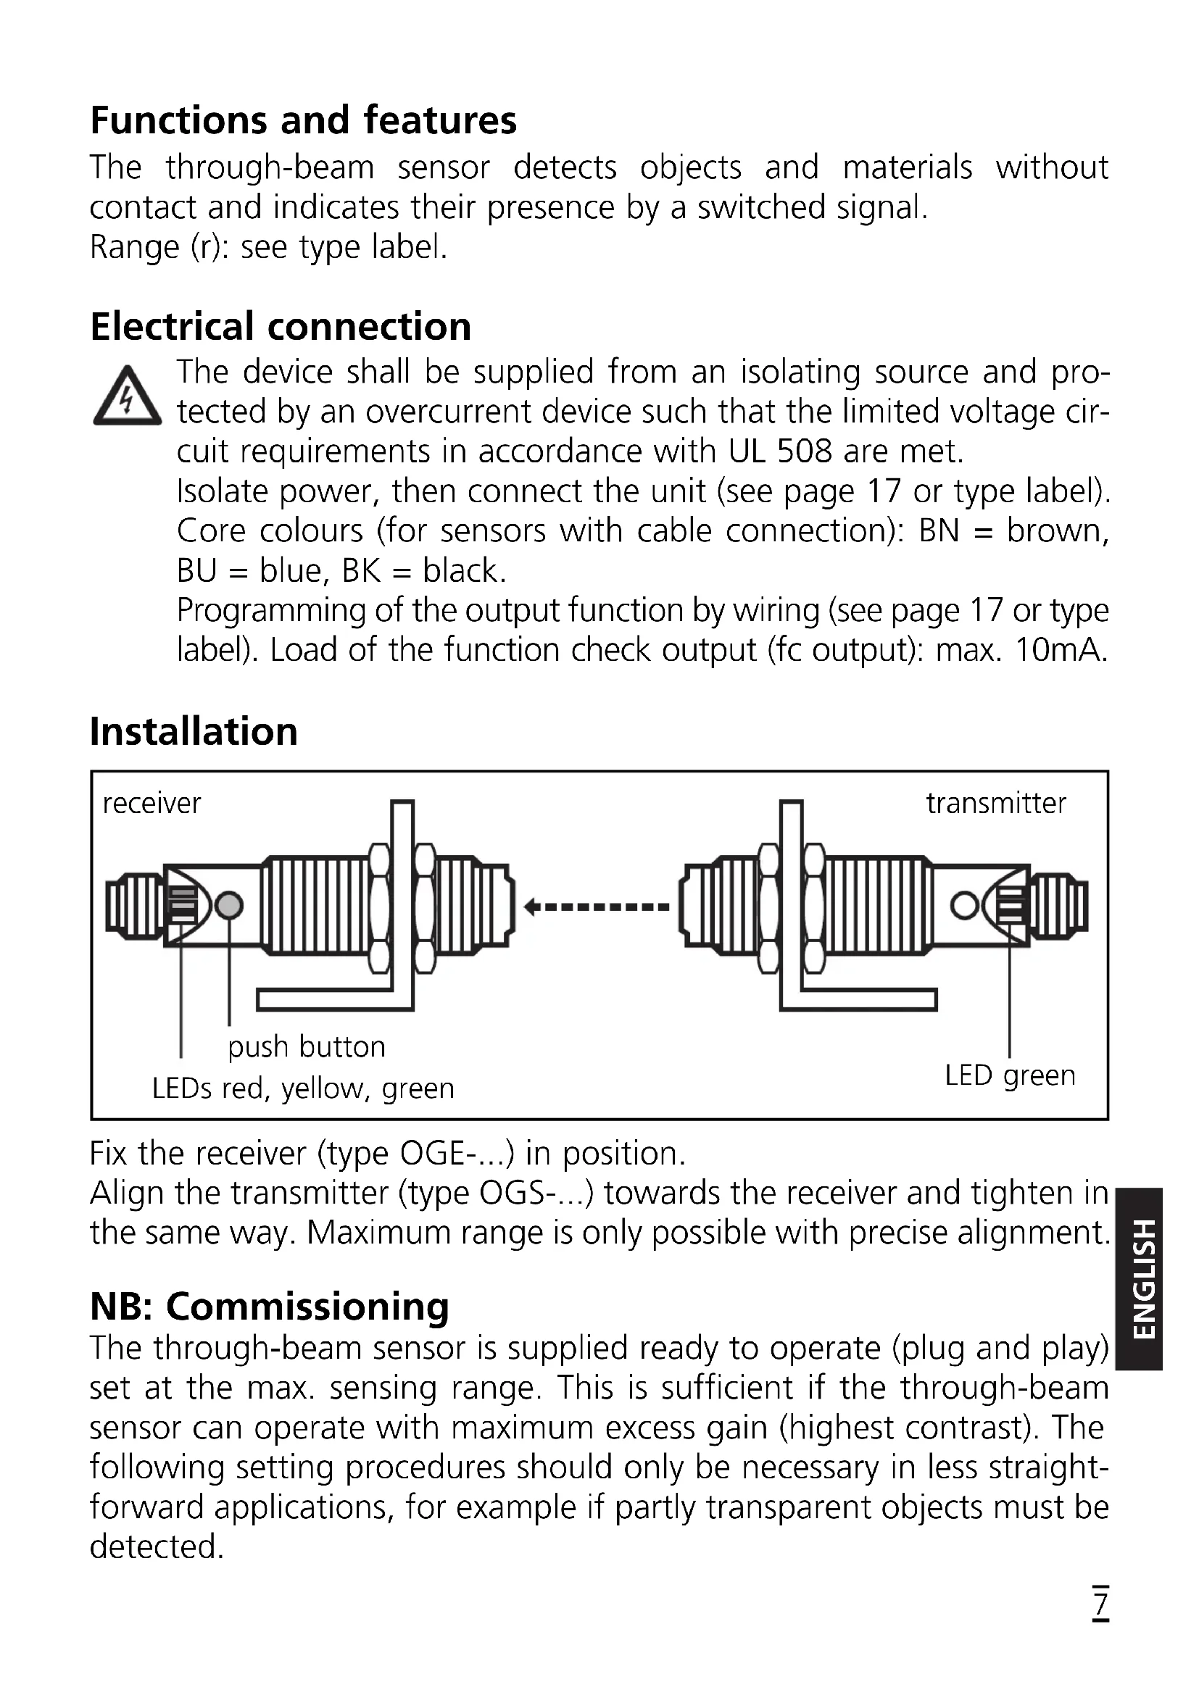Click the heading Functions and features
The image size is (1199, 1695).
coord(303,120)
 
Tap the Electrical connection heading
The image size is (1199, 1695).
coord(281,326)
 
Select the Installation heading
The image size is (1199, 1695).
coord(194,732)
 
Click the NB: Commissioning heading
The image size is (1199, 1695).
coord(270,1306)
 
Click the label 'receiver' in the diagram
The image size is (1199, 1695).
coord(152,803)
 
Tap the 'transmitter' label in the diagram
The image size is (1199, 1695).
coord(996,803)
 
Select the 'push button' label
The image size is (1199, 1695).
coord(307,1046)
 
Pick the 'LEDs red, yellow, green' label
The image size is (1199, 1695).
coord(303,1088)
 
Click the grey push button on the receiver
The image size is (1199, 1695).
coord(229,904)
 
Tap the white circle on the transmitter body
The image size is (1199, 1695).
coord(964,905)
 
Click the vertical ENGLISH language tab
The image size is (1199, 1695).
coord(1142,1280)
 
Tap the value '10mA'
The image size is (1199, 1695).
coord(1061,650)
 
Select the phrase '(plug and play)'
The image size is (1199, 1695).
coord(1000,1349)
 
